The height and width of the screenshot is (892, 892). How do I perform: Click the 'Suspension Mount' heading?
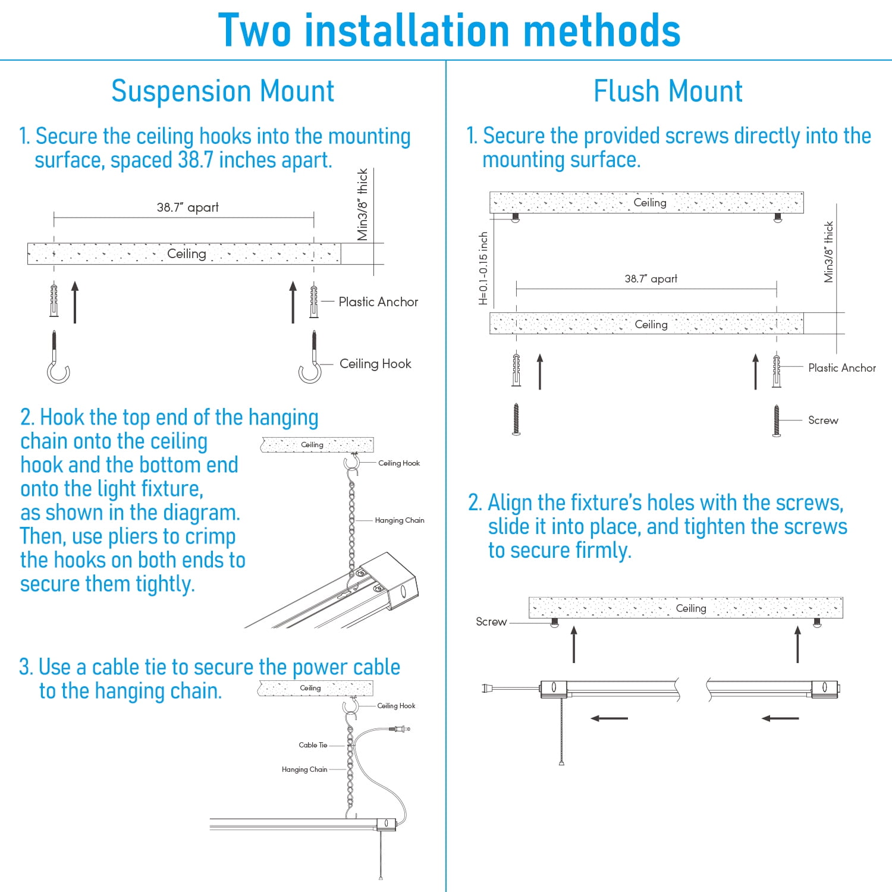tap(222, 92)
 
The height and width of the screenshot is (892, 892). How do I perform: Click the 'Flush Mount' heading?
tap(668, 92)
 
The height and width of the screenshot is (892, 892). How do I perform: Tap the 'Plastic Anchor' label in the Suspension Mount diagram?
tap(378, 302)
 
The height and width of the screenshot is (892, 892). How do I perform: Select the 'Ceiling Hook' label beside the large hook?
tap(375, 364)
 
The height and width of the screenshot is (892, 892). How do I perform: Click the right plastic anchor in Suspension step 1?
tap(314, 301)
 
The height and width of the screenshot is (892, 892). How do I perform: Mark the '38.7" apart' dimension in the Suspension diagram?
tap(187, 208)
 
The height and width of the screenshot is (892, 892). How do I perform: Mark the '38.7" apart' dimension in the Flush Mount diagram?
tap(651, 279)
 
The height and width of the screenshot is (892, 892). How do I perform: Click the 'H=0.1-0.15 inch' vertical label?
tap(483, 268)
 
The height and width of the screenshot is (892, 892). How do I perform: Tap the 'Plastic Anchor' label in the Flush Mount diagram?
tap(841, 368)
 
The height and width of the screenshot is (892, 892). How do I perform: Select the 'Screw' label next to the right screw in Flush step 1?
tap(823, 420)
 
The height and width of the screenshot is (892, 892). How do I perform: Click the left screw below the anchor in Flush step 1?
tap(516, 419)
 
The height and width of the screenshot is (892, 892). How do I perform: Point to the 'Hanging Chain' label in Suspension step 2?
tap(399, 520)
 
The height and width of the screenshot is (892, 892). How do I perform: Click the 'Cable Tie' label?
tap(313, 745)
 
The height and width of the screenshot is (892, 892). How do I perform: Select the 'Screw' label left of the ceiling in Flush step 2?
tap(491, 622)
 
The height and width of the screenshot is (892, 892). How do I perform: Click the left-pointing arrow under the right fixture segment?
tap(780, 718)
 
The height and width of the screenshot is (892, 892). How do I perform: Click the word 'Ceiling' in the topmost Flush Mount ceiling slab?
tap(650, 203)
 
